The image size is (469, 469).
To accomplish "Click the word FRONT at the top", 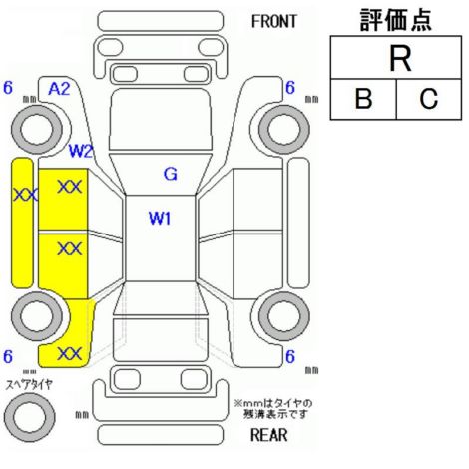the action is point(274,22).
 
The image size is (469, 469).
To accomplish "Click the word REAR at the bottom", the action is point(268,435).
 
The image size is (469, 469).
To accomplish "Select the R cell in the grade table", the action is point(396,58).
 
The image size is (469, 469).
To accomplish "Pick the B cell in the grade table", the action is point(363,99).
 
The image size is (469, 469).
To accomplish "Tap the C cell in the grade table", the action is point(429,99).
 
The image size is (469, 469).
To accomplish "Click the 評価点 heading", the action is point(396,20).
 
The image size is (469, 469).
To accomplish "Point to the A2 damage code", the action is point(59,89).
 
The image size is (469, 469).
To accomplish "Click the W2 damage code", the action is point(80,151).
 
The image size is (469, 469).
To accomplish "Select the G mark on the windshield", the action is point(171,174).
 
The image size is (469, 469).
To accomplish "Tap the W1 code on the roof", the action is point(160,219).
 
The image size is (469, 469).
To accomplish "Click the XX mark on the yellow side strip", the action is point(25,195).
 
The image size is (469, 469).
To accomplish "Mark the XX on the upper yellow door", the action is point(70,187).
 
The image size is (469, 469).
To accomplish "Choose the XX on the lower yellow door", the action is point(70,248).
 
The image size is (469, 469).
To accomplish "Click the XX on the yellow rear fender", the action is point(70,354).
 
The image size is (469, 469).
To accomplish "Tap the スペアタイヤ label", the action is point(29,385).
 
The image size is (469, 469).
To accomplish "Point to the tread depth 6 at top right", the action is point(290,88).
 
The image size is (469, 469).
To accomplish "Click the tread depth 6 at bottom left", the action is point(8,357).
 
